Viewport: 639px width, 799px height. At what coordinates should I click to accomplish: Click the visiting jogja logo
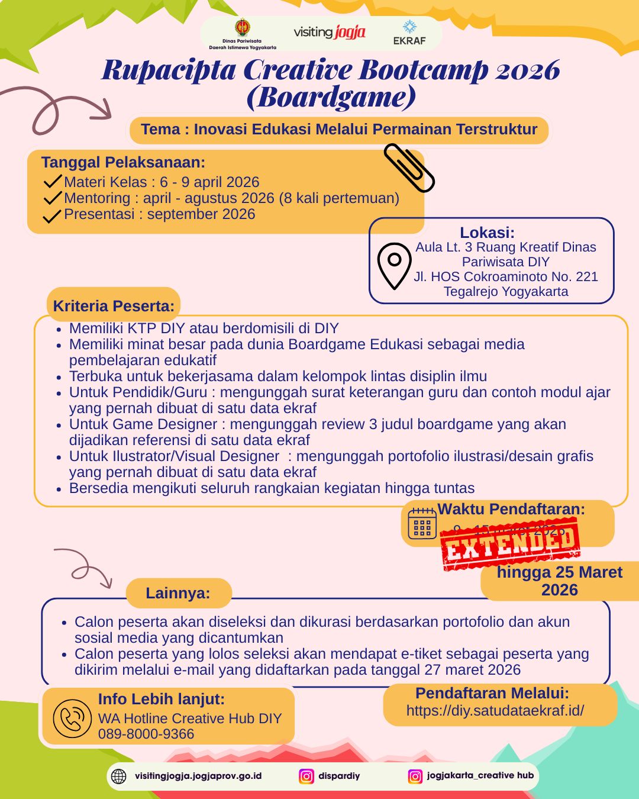click(330, 32)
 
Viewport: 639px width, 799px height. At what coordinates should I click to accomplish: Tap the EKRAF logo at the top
click(409, 33)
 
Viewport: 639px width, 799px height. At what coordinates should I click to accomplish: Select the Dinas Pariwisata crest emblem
click(243, 28)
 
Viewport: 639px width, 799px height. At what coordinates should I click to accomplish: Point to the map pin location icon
click(394, 265)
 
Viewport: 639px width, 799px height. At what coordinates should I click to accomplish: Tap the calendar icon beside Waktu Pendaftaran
click(422, 524)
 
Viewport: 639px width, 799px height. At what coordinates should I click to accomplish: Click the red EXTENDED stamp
click(510, 544)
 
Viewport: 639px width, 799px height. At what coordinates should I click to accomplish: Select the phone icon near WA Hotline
click(72, 719)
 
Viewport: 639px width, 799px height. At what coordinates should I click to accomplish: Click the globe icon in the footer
click(119, 776)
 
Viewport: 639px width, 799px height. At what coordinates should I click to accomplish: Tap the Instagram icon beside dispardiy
click(306, 776)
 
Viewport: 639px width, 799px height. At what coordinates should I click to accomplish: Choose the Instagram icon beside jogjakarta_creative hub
click(416, 776)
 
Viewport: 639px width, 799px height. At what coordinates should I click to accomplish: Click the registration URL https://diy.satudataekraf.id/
click(495, 710)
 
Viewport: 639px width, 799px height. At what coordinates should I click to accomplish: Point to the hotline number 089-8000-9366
click(146, 734)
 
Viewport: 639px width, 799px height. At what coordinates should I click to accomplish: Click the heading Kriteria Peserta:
click(114, 306)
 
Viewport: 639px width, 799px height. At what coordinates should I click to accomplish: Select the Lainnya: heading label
click(178, 593)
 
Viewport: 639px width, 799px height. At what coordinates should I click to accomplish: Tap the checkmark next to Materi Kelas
click(53, 181)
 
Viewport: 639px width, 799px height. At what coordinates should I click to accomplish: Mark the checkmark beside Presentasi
click(52, 215)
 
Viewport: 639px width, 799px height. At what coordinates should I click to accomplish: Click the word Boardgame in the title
click(331, 97)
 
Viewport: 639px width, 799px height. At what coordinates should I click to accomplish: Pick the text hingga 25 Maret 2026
click(560, 581)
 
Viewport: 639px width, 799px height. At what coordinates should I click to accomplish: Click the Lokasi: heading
click(487, 233)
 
